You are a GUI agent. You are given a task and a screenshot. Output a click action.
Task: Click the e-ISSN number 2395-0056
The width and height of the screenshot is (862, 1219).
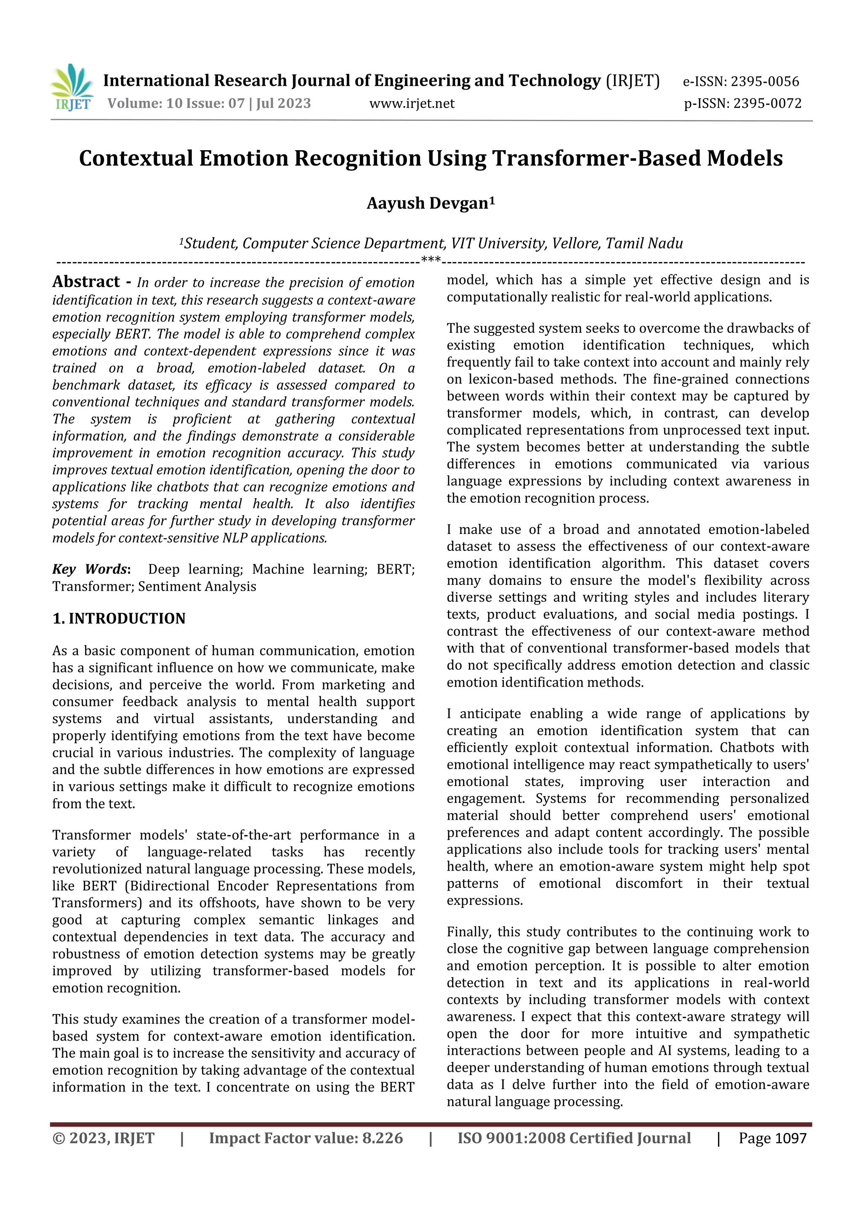pyautogui.click(x=764, y=82)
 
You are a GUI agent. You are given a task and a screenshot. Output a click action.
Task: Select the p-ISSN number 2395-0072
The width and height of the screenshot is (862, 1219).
pyautogui.click(x=767, y=104)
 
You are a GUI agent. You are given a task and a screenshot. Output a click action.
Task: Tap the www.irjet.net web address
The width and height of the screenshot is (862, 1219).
pyautogui.click(x=412, y=104)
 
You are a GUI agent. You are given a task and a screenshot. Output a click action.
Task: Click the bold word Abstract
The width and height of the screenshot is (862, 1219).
pyautogui.click(x=86, y=282)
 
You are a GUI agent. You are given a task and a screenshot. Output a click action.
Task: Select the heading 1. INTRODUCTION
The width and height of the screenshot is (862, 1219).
pyautogui.click(x=119, y=619)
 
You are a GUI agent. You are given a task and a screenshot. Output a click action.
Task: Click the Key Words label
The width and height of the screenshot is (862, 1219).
pyautogui.click(x=91, y=569)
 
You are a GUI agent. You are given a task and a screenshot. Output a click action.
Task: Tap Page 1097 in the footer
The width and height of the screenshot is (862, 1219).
pyautogui.click(x=772, y=1138)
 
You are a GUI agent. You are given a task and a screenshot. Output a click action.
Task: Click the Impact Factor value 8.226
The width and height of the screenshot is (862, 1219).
pyautogui.click(x=382, y=1138)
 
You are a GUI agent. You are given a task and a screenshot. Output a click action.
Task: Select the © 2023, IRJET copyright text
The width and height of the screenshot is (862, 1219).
pyautogui.click(x=104, y=1138)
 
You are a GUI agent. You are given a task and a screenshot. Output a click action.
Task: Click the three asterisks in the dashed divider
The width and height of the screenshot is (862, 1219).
pyautogui.click(x=431, y=260)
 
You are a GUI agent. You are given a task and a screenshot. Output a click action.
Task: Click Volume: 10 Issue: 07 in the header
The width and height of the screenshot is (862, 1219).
pyautogui.click(x=175, y=104)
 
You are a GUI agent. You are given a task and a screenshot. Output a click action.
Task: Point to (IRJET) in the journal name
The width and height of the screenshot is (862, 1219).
pyautogui.click(x=633, y=81)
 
